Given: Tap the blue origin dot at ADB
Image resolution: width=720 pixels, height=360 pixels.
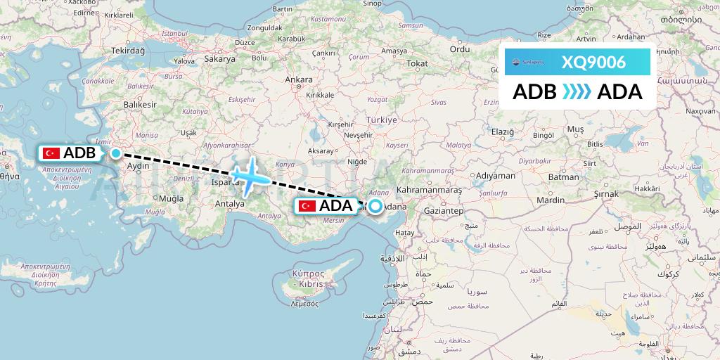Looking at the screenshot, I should pyautogui.click(x=115, y=153).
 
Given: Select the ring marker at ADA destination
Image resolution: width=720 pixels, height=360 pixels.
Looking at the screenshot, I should pyautogui.click(x=375, y=206).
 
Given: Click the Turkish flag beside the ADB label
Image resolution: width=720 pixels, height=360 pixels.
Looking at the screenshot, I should pyautogui.click(x=51, y=153).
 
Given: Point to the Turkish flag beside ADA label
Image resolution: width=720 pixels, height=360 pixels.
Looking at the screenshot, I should pyautogui.click(x=307, y=206).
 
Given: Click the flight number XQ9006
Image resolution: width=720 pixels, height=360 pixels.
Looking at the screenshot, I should pyautogui.click(x=593, y=62).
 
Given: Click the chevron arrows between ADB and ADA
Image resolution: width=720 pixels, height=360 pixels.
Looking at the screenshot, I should pyautogui.click(x=577, y=92).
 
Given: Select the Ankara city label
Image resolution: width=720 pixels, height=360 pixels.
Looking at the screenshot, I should pyautogui.click(x=298, y=79).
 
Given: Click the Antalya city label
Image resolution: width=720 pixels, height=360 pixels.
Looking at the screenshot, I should pyautogui.click(x=229, y=204).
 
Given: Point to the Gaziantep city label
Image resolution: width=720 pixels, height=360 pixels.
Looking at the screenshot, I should pyautogui.click(x=442, y=210).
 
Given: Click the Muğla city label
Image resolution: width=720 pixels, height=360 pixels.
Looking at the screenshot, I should pyautogui.click(x=171, y=199).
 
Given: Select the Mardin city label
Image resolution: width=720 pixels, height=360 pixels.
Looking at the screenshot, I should pyautogui.click(x=551, y=200).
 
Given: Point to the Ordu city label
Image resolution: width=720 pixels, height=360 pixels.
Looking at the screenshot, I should pyautogui.click(x=459, y=49).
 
